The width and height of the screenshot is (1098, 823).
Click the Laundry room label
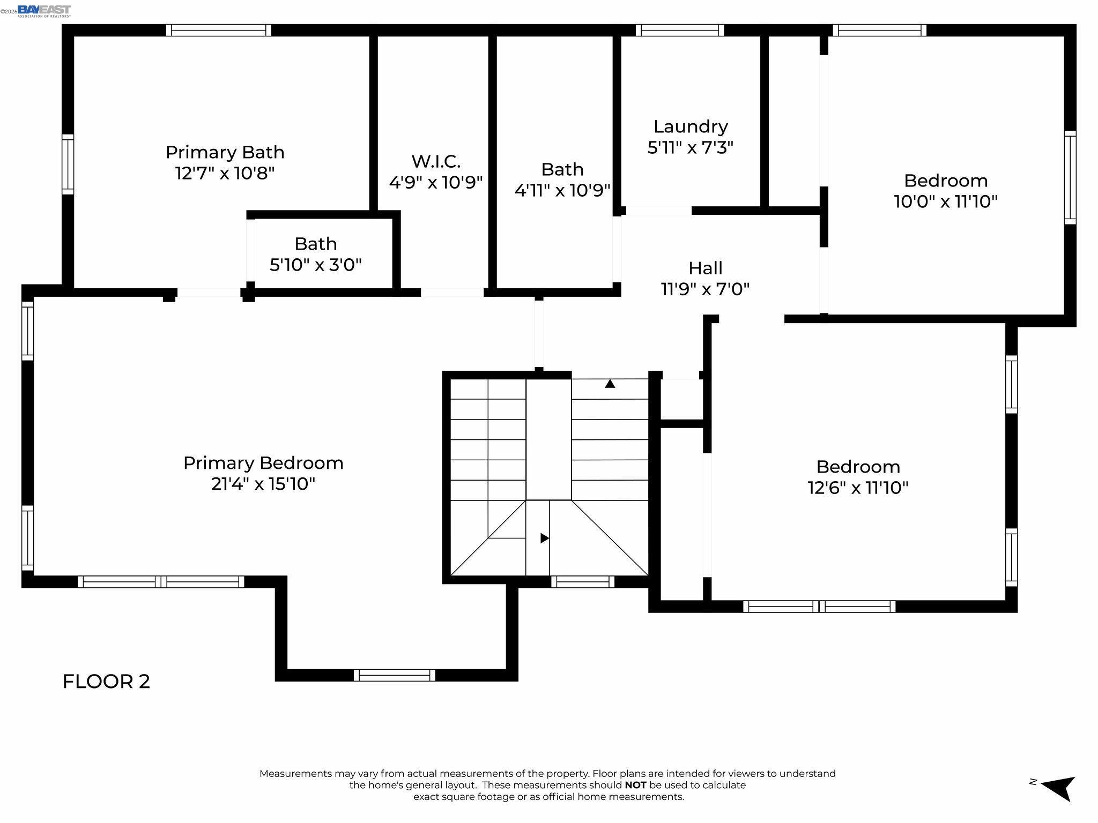[x=691, y=127]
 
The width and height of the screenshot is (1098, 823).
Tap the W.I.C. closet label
[x=435, y=161]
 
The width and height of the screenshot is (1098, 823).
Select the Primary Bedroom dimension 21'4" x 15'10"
[x=263, y=484]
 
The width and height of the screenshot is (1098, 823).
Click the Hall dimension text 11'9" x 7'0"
[x=705, y=289]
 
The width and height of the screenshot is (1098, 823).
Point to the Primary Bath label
[x=225, y=153]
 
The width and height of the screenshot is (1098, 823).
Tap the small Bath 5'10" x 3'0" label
[x=315, y=254]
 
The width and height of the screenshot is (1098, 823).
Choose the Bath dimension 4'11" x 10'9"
[x=562, y=190]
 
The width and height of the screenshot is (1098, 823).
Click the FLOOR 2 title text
[x=106, y=682]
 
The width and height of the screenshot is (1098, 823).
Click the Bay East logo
[x=44, y=11]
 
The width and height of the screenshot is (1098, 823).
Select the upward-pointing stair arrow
[x=610, y=384]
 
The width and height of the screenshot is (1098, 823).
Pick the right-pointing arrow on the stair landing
[x=544, y=538]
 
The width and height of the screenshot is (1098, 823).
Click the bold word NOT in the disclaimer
[x=635, y=785]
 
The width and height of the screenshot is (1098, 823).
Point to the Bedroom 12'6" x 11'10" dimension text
[x=858, y=488]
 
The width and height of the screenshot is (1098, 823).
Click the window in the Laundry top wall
[x=680, y=30]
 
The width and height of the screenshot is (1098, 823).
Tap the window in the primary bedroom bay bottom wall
[x=395, y=675]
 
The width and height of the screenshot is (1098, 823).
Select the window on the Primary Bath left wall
[x=68, y=164]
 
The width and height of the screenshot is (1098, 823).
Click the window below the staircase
[x=583, y=581]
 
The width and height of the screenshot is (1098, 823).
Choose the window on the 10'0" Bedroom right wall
[x=1070, y=177]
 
